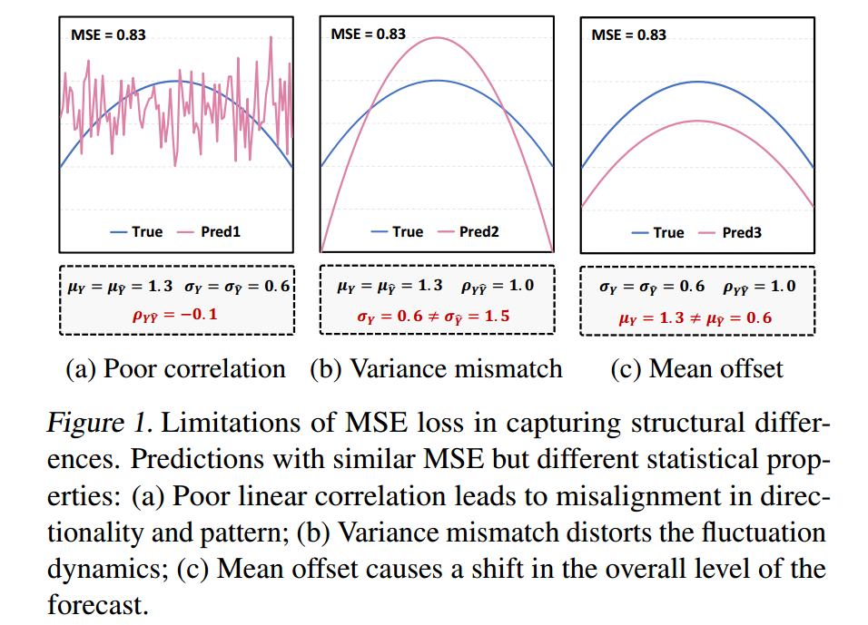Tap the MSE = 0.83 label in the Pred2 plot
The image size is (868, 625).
(x=368, y=34)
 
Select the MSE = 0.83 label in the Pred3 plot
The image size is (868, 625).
(x=628, y=34)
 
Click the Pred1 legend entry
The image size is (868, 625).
(x=221, y=231)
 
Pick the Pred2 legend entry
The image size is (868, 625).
(x=478, y=231)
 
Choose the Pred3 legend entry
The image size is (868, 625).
(x=741, y=232)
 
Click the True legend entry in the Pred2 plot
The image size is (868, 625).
(x=408, y=231)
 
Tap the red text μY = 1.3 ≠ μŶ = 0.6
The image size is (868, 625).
(x=696, y=317)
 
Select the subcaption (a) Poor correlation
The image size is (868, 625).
(x=176, y=368)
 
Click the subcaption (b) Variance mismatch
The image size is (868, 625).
(x=436, y=368)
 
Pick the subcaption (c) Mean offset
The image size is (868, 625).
(x=696, y=368)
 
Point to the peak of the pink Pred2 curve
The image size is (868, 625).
(x=437, y=37)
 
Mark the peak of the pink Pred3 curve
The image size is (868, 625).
(x=696, y=121)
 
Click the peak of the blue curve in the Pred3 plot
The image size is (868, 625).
(x=696, y=81)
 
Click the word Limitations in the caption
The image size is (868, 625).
(x=222, y=424)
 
